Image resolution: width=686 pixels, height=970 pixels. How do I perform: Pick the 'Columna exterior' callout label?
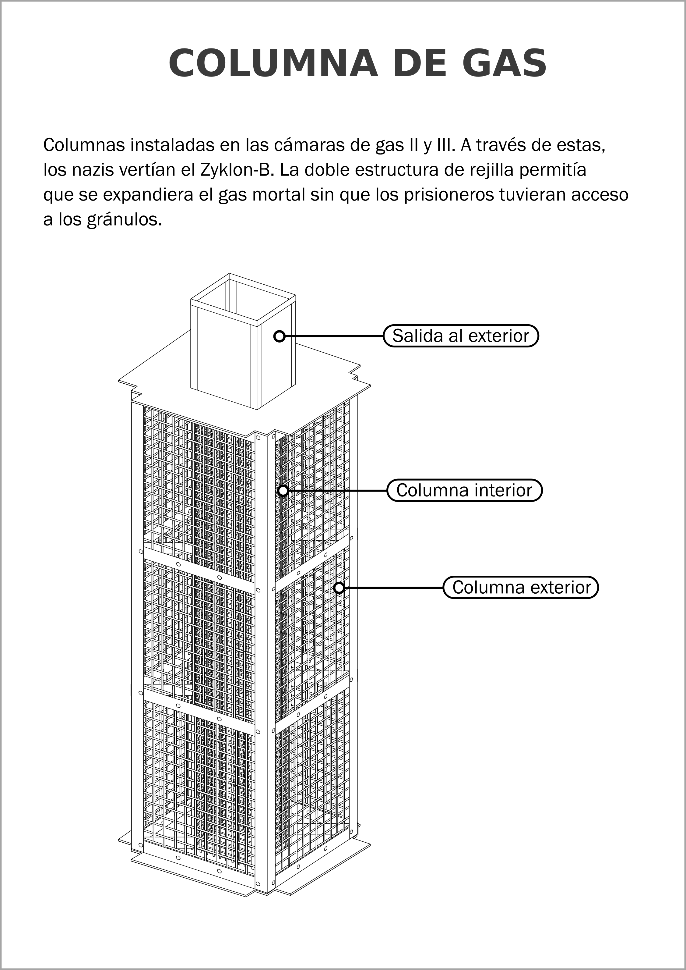click(521, 588)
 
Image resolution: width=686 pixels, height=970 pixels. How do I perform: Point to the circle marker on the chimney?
click(279, 336)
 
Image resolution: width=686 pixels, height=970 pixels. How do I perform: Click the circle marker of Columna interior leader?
click(283, 491)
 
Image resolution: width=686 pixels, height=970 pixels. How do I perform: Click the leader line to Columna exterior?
click(393, 588)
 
